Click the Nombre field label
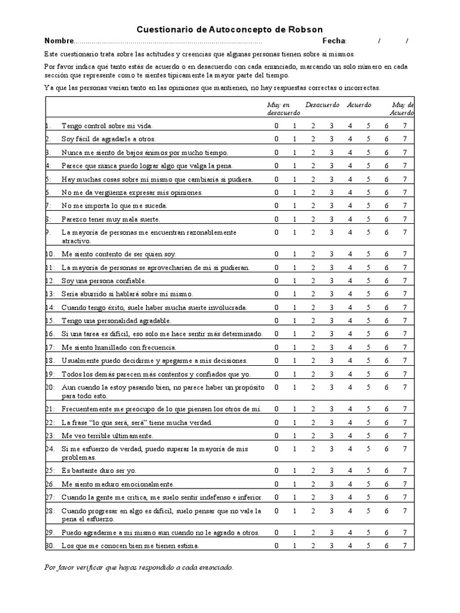(58, 41)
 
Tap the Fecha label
(334, 41)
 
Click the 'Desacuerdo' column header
(322, 105)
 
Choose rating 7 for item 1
(405, 126)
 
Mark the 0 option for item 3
(277, 153)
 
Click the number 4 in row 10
(350, 254)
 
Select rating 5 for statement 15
(368, 320)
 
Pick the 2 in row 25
(313, 471)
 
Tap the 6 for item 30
(387, 545)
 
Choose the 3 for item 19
(331, 374)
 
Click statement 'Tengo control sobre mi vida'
(107, 126)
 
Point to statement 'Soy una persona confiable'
(104, 281)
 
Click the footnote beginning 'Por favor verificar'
(138, 567)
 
